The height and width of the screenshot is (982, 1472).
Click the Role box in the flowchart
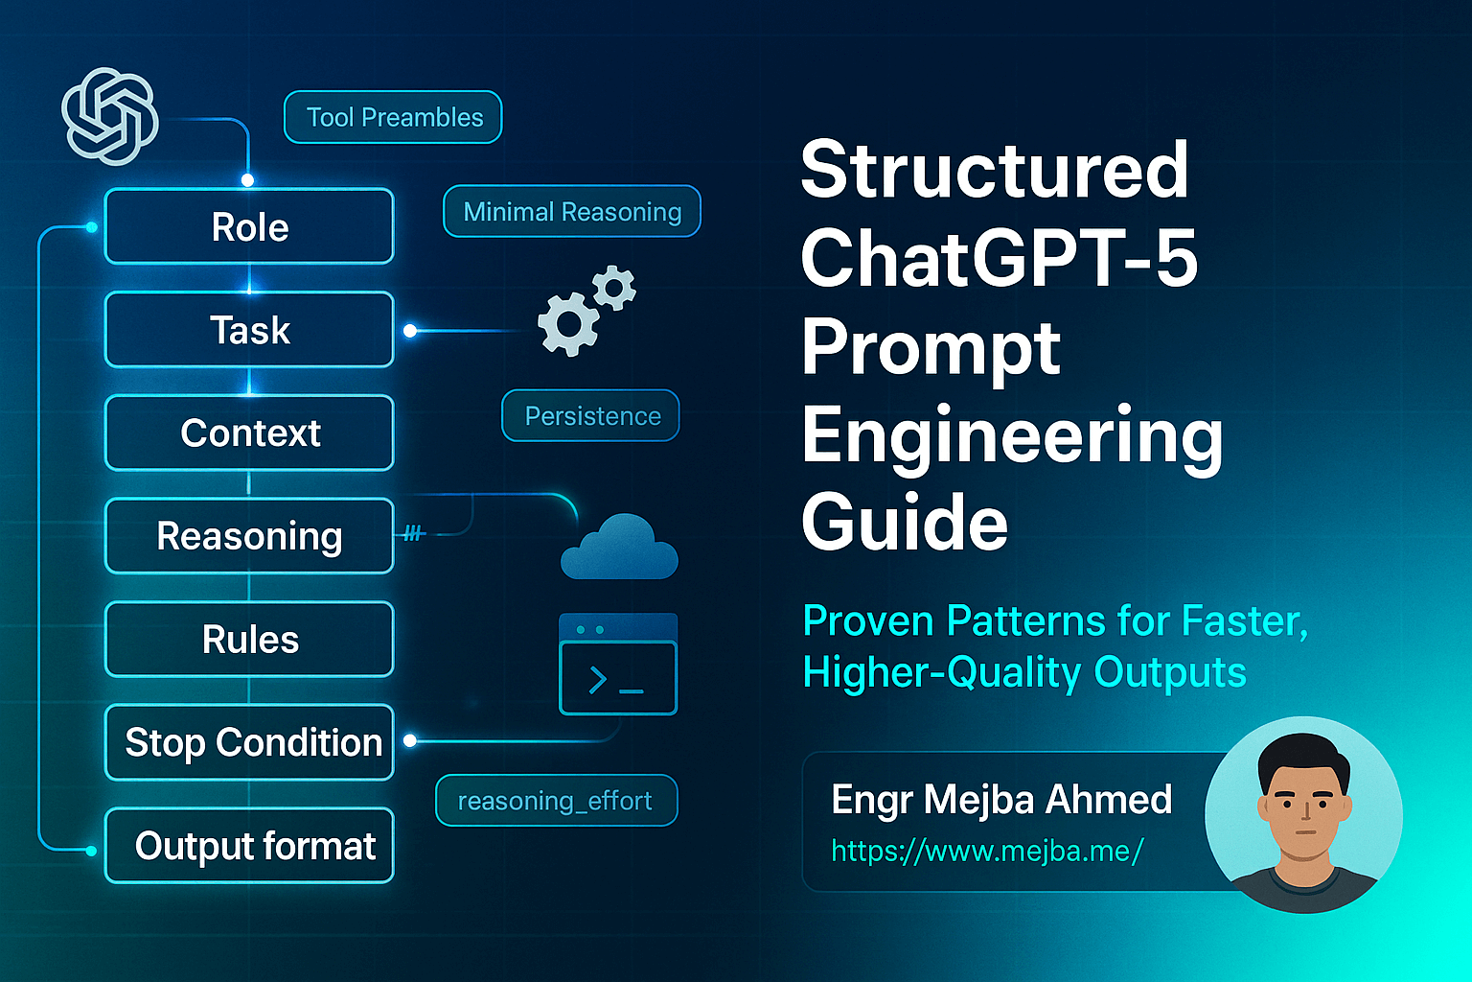click(249, 227)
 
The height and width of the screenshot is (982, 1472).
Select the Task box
click(249, 330)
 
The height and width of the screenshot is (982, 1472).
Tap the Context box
click(249, 433)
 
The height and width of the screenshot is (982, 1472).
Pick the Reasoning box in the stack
click(249, 536)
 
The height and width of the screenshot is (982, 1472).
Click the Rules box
click(249, 640)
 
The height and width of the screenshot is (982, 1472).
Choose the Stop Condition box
click(249, 742)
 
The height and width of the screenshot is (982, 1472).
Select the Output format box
click(249, 846)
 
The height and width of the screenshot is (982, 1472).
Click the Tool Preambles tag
click(394, 117)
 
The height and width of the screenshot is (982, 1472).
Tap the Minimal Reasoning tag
click(572, 211)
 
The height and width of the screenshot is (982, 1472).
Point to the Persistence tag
click(591, 415)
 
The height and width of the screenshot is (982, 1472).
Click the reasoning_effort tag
click(556, 800)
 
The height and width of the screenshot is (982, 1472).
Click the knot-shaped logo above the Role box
click(110, 115)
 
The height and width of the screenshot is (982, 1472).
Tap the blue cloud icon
click(619, 549)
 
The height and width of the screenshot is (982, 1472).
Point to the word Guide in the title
click(905, 524)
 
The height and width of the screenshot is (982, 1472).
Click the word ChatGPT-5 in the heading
click(999, 258)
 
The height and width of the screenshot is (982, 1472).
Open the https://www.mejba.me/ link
click(987, 851)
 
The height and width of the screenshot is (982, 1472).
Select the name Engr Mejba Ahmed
click(1001, 799)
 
